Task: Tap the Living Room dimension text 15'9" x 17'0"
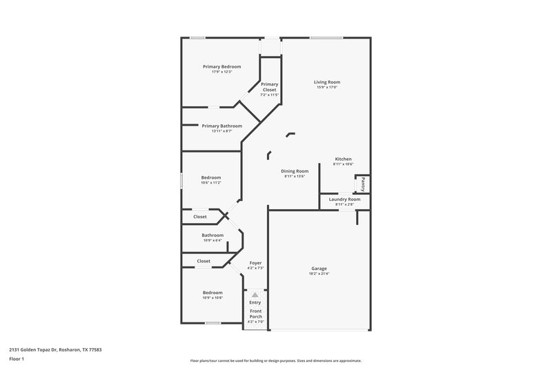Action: click(328, 88)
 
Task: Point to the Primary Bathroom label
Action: click(221, 126)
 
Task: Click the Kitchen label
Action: click(343, 158)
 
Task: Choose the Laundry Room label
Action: click(344, 199)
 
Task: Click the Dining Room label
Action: click(295, 171)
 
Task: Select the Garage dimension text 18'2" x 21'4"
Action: click(319, 273)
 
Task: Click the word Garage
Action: click(319, 268)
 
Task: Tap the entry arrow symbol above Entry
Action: click(255, 295)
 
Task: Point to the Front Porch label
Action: click(255, 314)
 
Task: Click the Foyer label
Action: click(255, 262)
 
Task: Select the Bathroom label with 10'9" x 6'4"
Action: click(213, 235)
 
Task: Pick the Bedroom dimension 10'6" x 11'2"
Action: click(211, 183)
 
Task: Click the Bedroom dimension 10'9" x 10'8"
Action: click(213, 298)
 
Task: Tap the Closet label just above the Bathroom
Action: click(200, 217)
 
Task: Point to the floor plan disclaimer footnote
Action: click(276, 360)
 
